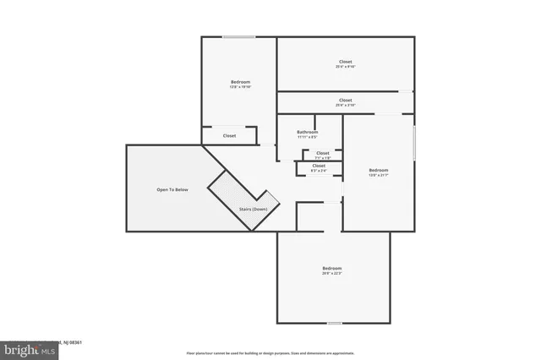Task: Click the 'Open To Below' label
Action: click(172, 189)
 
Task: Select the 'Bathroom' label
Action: click(307, 132)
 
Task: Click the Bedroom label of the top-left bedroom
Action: click(241, 81)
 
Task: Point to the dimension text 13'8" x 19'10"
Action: click(241, 86)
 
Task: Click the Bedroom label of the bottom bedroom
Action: click(332, 268)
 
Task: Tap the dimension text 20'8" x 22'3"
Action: click(332, 273)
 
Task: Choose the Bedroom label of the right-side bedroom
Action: click(378, 170)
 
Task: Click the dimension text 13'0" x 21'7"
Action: click(378, 175)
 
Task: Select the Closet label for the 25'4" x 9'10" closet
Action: click(345, 61)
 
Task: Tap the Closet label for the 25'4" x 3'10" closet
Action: click(345, 100)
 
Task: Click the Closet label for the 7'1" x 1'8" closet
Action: click(322, 153)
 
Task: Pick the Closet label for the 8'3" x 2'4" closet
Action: click(319, 166)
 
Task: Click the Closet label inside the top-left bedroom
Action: click(229, 135)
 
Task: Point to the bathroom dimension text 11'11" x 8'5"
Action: click(307, 137)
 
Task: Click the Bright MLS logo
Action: click(28, 348)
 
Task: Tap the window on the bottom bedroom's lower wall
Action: click(335, 323)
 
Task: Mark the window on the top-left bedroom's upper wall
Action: click(239, 36)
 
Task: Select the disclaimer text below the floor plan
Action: click(270, 352)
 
